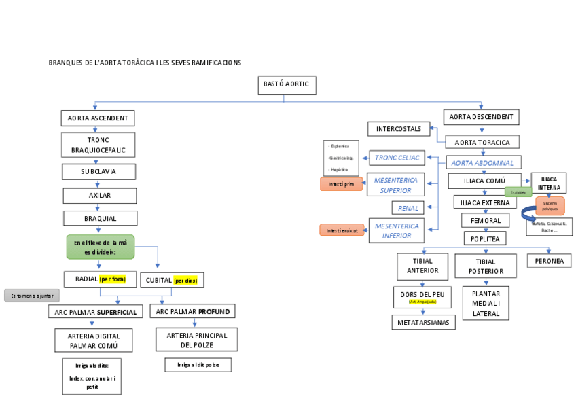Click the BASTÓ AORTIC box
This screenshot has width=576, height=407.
click(x=286, y=85)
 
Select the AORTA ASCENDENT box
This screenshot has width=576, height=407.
click(x=98, y=118)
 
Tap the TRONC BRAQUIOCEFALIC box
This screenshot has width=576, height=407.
click(x=98, y=145)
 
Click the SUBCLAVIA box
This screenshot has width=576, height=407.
click(x=98, y=172)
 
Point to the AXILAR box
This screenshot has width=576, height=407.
click(x=100, y=196)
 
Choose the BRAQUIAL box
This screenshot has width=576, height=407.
click(x=101, y=218)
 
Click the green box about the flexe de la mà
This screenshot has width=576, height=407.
click(x=101, y=247)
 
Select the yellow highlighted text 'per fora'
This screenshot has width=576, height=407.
click(x=113, y=279)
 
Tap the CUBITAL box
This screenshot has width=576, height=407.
click(x=172, y=280)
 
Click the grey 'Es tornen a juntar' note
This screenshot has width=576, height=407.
click(x=32, y=296)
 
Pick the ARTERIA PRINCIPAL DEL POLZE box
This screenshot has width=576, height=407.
click(x=197, y=340)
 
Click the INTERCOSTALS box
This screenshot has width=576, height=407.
click(x=399, y=128)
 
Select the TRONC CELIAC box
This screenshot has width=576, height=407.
click(x=397, y=158)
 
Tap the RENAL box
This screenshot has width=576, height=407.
click(x=408, y=207)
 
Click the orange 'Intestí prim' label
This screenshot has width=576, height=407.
click(x=341, y=184)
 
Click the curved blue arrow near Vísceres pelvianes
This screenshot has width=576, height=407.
click(x=528, y=214)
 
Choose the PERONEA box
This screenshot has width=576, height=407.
click(x=549, y=261)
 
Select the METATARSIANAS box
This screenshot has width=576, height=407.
click(x=423, y=322)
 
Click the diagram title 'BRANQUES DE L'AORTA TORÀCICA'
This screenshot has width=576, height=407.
click(x=145, y=63)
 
